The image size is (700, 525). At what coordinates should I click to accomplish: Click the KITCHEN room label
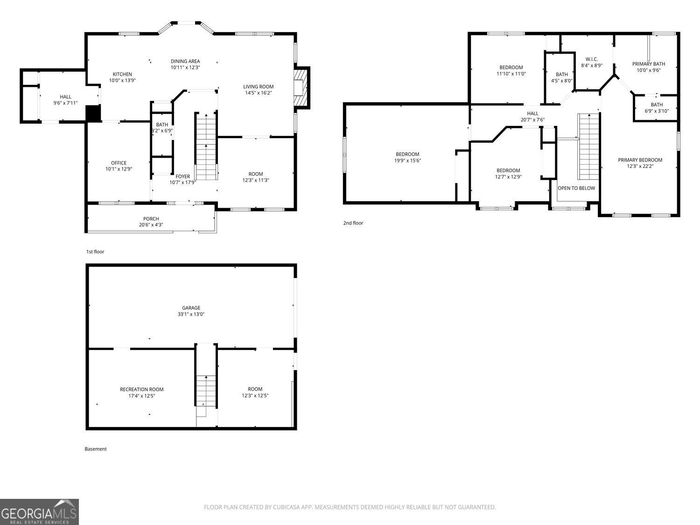(122, 74)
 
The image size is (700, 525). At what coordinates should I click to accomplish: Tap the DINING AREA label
(185, 61)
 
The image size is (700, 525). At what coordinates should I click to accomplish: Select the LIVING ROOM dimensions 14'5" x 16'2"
(259, 93)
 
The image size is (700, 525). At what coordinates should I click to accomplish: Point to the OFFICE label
(119, 163)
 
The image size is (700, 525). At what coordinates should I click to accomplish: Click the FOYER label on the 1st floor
(183, 176)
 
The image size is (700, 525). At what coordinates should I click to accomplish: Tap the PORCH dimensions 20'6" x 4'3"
(151, 225)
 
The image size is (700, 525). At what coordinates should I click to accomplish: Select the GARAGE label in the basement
(191, 308)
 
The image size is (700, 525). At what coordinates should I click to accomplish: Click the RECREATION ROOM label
(141, 390)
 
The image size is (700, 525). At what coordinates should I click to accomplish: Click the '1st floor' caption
(95, 252)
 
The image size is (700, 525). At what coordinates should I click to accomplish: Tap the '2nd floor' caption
(353, 223)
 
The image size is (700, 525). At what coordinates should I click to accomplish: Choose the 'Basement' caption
(96, 449)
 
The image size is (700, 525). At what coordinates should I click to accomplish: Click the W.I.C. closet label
(592, 59)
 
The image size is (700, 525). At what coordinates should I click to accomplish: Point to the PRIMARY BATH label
(649, 64)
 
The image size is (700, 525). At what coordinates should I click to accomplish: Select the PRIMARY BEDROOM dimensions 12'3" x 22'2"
(640, 166)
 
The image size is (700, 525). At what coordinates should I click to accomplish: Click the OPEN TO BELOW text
(576, 189)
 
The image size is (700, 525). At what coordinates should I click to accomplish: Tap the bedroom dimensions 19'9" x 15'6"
(407, 161)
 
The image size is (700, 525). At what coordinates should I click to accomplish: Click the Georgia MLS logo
(39, 512)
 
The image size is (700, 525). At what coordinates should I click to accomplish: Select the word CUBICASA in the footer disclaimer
(286, 507)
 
